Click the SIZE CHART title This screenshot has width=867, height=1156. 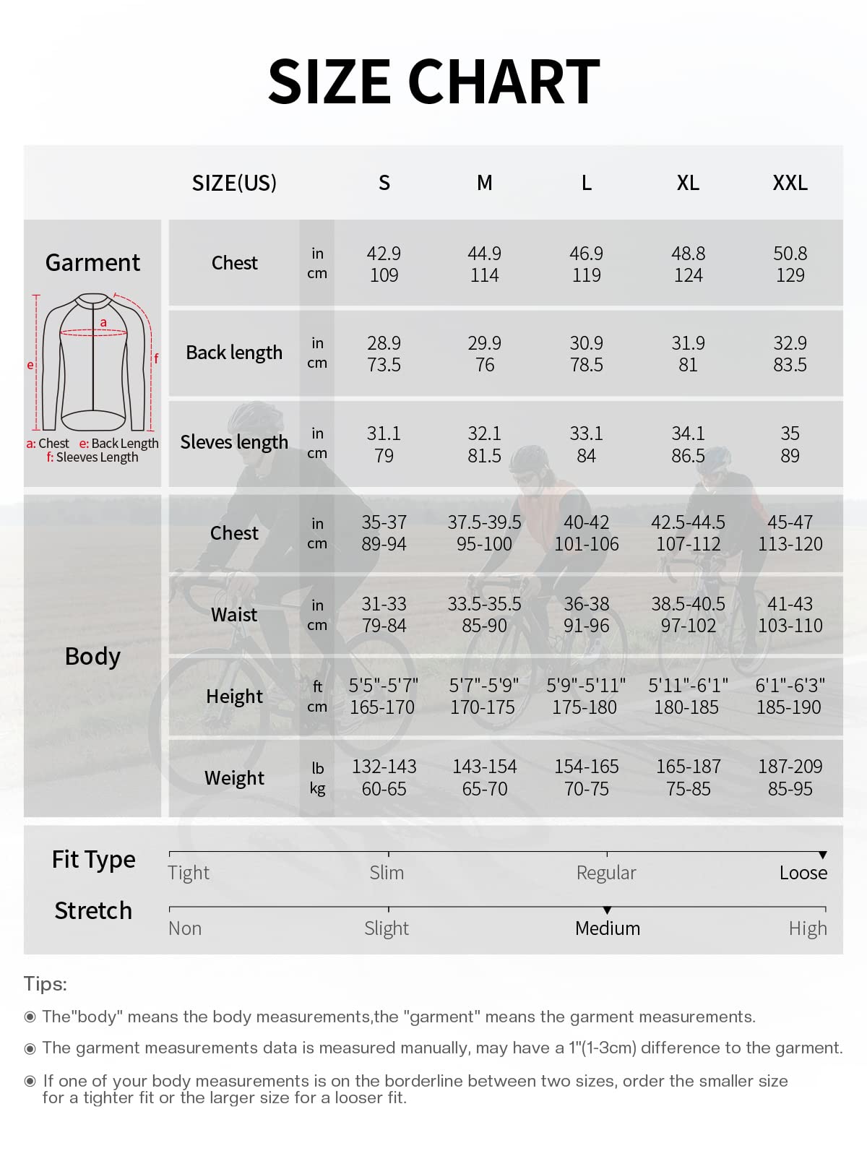pos(433,81)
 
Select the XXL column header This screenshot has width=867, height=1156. pos(790,183)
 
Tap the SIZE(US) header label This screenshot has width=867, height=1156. pos(234,184)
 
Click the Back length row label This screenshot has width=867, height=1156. pos(234,353)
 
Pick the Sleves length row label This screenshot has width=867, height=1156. pos(234,442)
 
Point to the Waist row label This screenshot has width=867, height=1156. pos(234,615)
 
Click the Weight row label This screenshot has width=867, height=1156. pos(234,778)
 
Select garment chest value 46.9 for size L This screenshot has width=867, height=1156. pos(586,254)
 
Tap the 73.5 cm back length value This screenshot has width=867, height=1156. pos(384,365)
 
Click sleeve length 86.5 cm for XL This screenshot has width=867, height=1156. pos(688,456)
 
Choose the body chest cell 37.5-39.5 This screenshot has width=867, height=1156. pos(484,522)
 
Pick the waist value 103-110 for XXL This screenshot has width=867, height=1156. pos(790,626)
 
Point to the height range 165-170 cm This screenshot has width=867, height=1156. pos(382,707)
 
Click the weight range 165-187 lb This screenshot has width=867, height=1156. pos(688,767)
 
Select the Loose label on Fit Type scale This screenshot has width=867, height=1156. pos(803,873)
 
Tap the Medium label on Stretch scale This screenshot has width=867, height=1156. pos(608,928)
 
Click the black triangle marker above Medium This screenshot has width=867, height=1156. pos(607,910)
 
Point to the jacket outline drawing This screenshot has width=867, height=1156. pos(94,361)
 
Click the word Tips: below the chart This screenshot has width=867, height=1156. pos(45,984)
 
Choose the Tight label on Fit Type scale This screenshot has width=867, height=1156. pos(189,873)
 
